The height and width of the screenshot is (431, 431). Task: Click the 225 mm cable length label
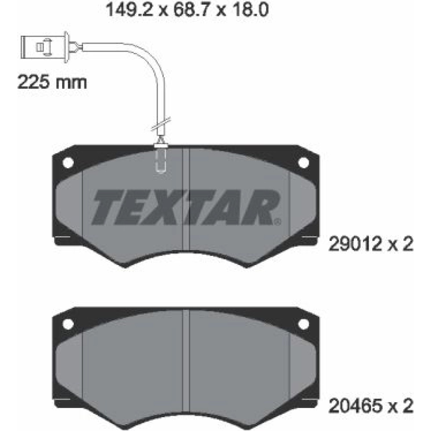52,82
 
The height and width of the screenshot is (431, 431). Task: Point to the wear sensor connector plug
44,47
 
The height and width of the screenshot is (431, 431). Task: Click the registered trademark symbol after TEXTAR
278,221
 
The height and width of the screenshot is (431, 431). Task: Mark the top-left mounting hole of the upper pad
68,162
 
